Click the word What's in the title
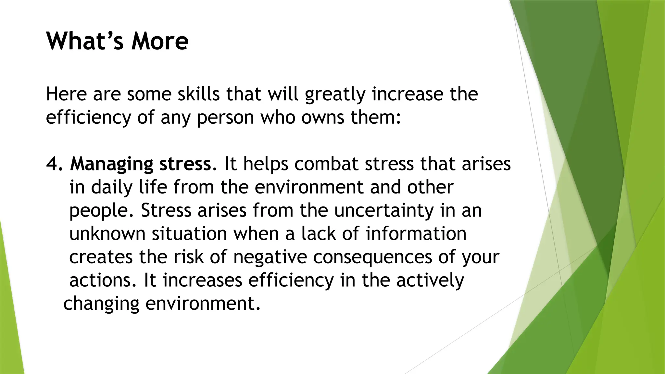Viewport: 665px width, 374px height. pos(85,41)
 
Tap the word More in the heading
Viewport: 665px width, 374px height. pos(160,41)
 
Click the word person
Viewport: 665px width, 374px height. pos(225,118)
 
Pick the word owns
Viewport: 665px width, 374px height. pos(322,118)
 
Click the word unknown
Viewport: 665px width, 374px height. pos(107,234)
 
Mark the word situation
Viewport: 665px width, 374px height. pos(189,234)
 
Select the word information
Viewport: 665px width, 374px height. pos(416,234)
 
